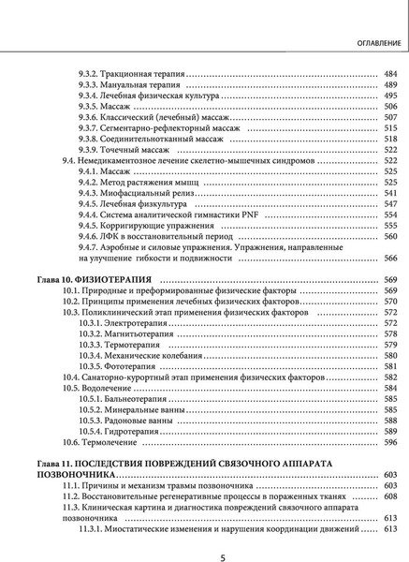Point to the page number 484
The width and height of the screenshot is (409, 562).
click(390, 73)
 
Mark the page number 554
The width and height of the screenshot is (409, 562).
click(390, 214)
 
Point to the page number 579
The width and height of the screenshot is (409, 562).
click(390, 345)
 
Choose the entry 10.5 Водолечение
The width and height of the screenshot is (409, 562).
click(103, 388)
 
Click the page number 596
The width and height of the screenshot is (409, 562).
click(390, 441)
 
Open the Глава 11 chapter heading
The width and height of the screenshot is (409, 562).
click(187, 464)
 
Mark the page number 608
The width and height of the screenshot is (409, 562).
click(390, 496)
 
